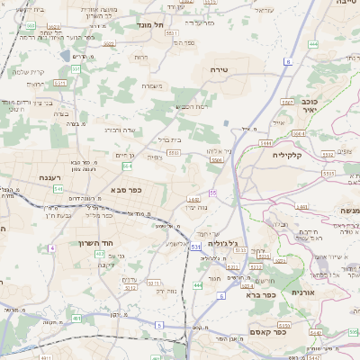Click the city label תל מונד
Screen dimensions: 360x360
150,24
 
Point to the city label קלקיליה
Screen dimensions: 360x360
291,155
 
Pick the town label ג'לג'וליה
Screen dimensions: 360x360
221,244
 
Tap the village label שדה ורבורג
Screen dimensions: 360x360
120,129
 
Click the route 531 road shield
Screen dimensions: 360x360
195,246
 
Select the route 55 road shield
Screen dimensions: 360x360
213,193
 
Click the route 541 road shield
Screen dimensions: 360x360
58,189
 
